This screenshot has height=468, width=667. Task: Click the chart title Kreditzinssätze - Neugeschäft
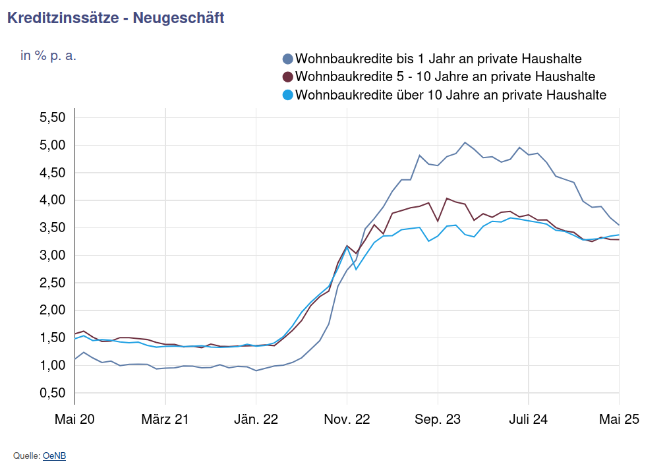115,18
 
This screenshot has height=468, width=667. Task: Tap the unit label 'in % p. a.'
48,55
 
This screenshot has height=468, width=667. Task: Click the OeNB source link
54,455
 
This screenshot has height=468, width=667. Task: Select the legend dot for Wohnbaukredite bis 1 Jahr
287,59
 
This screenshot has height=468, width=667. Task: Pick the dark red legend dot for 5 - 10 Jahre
287,76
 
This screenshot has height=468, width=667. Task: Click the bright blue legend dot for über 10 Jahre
287,95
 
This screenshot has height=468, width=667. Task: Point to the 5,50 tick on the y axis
53,117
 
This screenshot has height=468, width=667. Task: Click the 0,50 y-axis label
53,393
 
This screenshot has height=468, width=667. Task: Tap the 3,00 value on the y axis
53,255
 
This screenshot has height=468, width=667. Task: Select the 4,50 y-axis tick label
53,173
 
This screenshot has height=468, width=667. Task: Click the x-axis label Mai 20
74,419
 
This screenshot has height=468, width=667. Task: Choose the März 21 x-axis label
165,419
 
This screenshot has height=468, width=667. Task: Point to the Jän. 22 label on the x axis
256,419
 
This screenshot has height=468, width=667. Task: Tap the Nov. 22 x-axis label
347,419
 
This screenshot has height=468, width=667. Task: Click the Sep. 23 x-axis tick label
438,419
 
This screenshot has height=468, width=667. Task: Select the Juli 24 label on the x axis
529,419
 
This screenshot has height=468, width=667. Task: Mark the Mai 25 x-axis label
619,419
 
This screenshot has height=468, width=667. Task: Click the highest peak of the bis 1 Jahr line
465,142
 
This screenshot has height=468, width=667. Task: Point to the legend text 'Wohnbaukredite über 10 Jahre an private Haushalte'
451,95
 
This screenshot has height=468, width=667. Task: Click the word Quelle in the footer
26,455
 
